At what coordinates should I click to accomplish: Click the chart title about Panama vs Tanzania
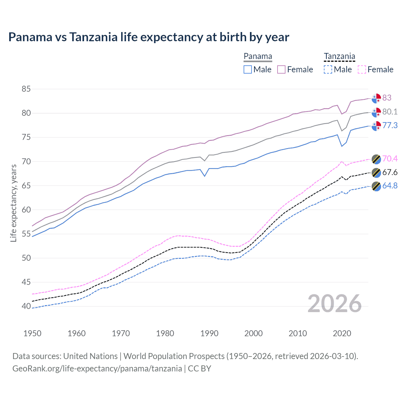pos(148,37)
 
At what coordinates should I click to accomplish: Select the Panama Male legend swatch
pos(248,69)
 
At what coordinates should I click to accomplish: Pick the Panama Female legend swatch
pos(281,69)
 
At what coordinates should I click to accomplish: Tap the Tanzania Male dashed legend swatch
pos(328,69)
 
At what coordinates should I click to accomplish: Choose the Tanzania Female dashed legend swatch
pos(362,69)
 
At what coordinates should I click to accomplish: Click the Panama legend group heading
pos(258,56)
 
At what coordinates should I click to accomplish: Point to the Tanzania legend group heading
pos(339,56)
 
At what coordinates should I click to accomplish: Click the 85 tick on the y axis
pos(26,89)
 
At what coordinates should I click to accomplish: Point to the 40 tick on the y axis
pos(26,306)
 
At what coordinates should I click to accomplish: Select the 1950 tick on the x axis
pos(32,333)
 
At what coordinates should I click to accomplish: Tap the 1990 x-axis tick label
pos(209,333)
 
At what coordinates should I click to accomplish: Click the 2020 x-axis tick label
pos(342,333)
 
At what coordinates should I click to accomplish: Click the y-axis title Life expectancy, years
pos(13,203)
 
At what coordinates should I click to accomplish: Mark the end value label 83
pos(387,98)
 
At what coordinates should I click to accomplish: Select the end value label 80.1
pos(390,112)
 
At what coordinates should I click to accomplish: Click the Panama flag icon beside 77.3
pos(376,126)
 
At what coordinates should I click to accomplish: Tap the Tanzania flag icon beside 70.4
pos(376,159)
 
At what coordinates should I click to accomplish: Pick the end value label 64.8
pos(390,186)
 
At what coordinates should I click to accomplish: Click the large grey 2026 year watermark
pos(335,304)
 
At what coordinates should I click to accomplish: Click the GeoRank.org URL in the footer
pos(97,369)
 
